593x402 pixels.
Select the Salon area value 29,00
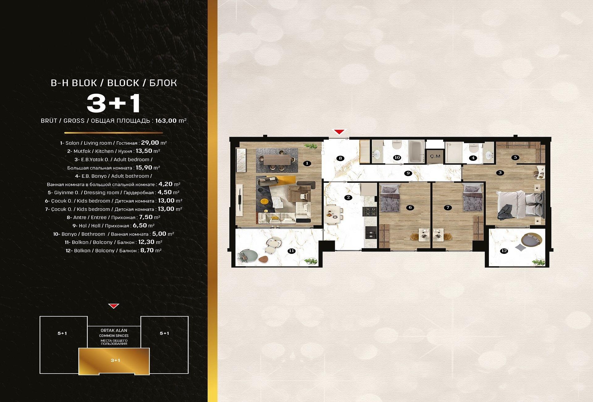(x=150, y=143)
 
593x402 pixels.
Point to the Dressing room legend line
(x=114, y=192)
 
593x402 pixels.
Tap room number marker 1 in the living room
(x=307, y=163)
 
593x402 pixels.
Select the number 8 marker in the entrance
(x=340, y=158)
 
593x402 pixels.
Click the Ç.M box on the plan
(x=435, y=156)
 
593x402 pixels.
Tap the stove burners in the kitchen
(x=370, y=212)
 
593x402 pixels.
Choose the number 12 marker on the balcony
(x=504, y=251)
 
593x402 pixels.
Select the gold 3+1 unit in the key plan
(x=114, y=361)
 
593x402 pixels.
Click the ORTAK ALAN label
(x=114, y=330)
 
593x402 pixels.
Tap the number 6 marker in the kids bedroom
(x=410, y=207)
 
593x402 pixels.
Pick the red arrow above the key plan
(x=114, y=306)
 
